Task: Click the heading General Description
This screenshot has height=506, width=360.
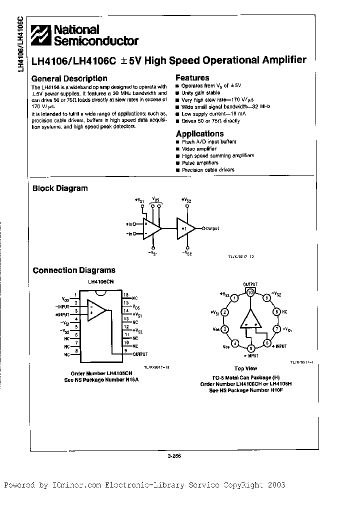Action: click(x=69, y=78)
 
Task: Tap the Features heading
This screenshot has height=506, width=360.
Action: click(x=192, y=78)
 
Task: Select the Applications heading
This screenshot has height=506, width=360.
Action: click(x=199, y=133)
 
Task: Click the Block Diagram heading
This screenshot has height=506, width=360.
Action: click(x=60, y=188)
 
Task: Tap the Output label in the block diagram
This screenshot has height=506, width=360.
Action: click(x=212, y=228)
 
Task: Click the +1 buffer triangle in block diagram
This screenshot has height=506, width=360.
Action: click(x=185, y=228)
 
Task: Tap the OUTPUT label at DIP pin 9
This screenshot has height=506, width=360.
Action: click(x=141, y=353)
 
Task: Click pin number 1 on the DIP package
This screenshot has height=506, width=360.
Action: click(x=75, y=294)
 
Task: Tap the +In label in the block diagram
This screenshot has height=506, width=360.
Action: click(x=130, y=224)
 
